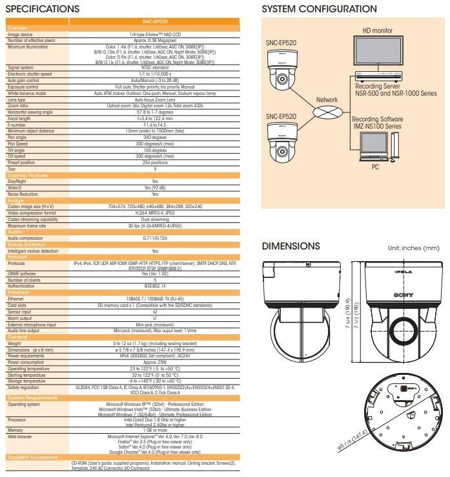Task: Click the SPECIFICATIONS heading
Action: pyautogui.click(x=43, y=9)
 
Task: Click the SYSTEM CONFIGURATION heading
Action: pyautogui.click(x=319, y=9)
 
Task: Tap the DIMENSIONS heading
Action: pyautogui.click(x=291, y=246)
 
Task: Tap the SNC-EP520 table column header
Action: pyautogui.click(x=154, y=22)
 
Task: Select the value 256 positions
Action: pyautogui.click(x=154, y=162)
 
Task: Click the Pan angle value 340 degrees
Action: pyautogui.click(x=154, y=137)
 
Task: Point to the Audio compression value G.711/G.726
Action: pyautogui.click(x=154, y=238)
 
